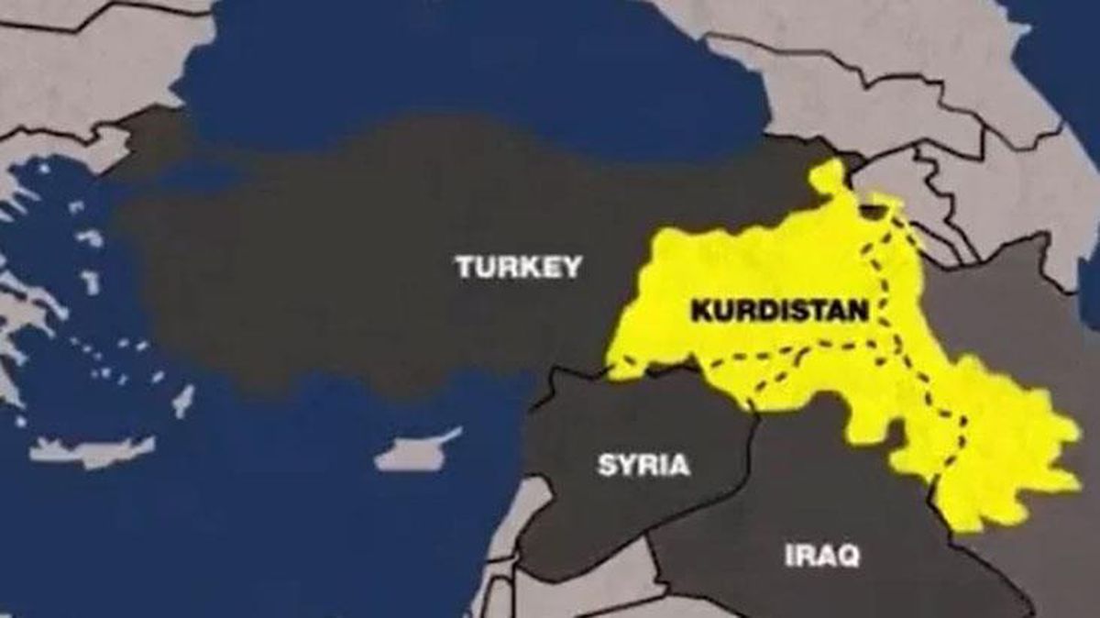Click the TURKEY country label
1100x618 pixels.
tap(518, 267)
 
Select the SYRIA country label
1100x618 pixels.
tap(643, 465)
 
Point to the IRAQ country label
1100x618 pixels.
tap(822, 555)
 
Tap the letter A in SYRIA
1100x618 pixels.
tap(678, 465)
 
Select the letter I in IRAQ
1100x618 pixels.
tap(789, 555)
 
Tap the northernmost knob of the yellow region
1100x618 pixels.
tap(829, 174)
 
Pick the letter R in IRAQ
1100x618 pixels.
tap(804, 555)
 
